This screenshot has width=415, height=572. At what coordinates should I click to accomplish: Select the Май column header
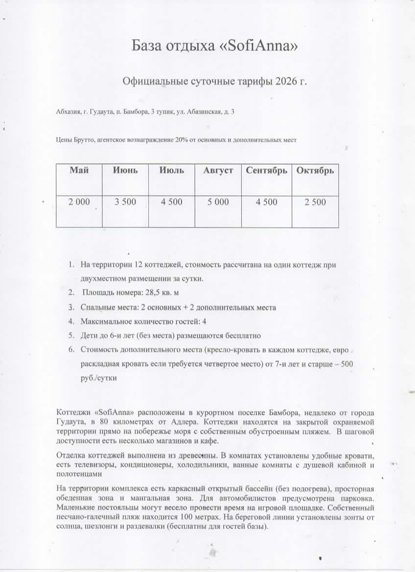[79, 170]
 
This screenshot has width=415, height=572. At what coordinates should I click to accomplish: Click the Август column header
[218, 170]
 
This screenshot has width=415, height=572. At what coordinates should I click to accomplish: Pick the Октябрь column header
[315, 170]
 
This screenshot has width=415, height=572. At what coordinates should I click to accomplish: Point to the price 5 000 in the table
[218, 202]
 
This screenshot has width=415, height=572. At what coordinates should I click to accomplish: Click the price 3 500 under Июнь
[125, 202]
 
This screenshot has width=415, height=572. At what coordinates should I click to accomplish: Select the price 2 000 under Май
[79, 202]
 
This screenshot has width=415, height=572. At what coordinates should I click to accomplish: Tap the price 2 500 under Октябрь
[315, 202]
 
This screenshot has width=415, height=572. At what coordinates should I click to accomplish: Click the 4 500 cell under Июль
[172, 202]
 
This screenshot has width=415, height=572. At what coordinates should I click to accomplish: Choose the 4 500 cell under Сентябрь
[267, 202]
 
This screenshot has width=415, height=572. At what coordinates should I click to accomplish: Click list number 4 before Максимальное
[70, 322]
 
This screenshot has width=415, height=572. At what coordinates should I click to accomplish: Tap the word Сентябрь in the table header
[267, 170]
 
